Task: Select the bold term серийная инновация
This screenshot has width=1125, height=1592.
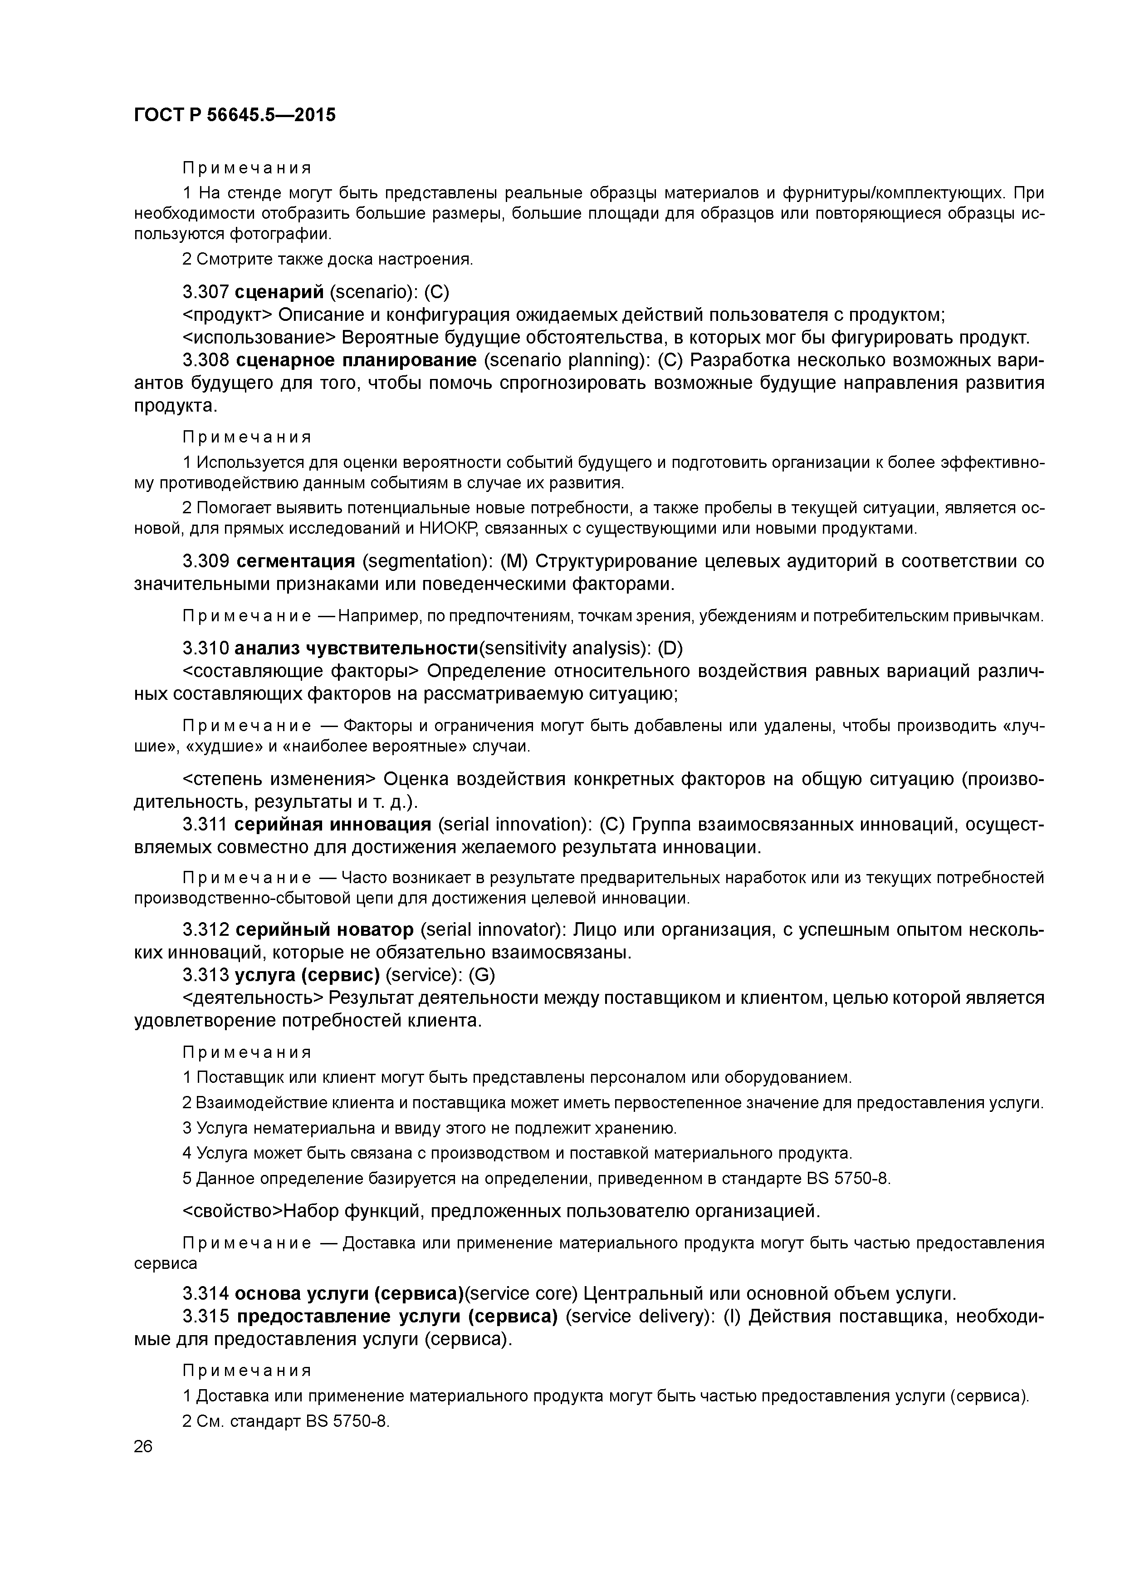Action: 333,825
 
